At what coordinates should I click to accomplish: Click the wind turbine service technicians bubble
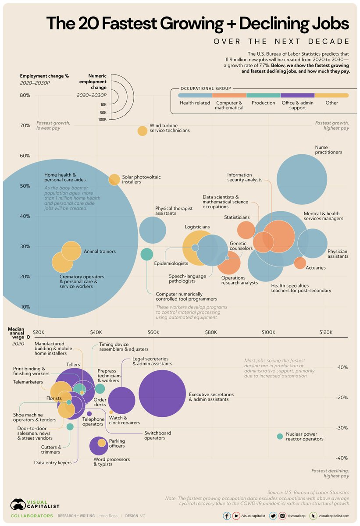coord(142,131)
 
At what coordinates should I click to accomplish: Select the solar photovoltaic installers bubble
coord(114,179)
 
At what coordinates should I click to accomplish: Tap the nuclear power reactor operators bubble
coord(280,436)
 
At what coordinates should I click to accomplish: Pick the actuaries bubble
coord(300,263)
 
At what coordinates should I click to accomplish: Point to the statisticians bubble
coord(246,230)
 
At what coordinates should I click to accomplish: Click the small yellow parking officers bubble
coord(102,443)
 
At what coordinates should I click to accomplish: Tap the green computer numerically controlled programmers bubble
coord(146,254)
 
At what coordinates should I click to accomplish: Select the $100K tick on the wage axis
coord(268,332)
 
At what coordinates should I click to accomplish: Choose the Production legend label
coord(263,103)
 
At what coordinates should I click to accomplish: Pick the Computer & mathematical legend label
coord(229,106)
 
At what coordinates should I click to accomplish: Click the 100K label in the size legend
coord(103,119)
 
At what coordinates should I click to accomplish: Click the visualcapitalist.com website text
coord(334,516)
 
